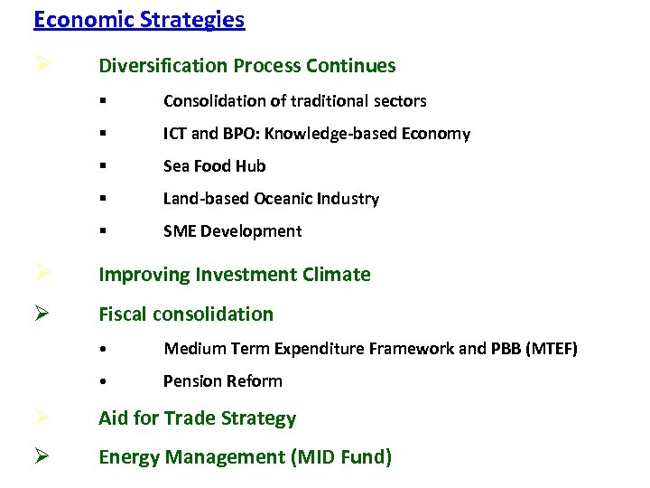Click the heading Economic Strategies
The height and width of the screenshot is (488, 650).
click(138, 20)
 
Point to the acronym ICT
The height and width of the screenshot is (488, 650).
click(175, 134)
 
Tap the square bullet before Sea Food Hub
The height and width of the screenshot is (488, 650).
click(105, 166)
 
